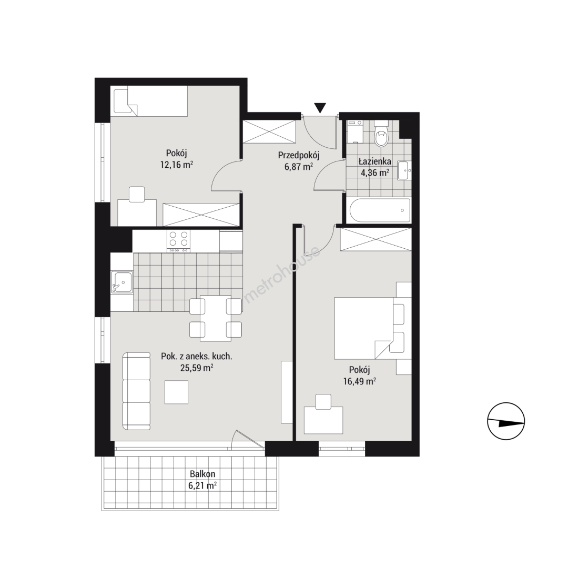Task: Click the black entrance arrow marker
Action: click(320, 108)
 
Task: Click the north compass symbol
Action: click(506, 421)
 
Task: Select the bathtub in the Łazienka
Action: click(380, 210)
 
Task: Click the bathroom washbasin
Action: click(403, 170)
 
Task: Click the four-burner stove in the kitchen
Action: click(179, 241)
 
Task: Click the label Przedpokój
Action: click(299, 155)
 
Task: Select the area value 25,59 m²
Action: click(197, 368)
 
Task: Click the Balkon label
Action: click(202, 474)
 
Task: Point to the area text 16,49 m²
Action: click(359, 381)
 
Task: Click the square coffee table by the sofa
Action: click(176, 392)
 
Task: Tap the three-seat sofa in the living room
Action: click(137, 391)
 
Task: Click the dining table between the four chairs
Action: click(216, 318)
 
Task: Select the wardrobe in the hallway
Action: click(270, 131)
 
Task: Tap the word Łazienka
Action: click(374, 161)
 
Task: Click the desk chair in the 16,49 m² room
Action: click(323, 402)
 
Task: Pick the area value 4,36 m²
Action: click(374, 173)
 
